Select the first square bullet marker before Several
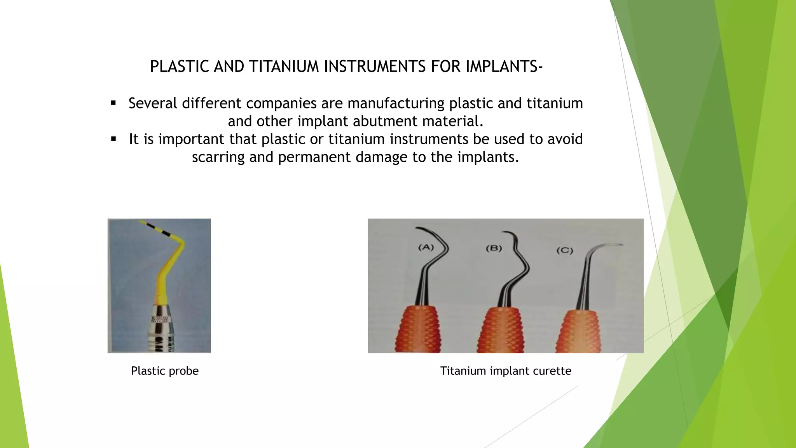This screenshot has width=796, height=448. (x=113, y=103)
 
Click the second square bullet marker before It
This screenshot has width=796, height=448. (x=113, y=139)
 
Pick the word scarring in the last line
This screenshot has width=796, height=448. (x=218, y=157)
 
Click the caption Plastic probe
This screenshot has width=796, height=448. (x=164, y=371)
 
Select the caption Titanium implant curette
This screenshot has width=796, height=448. (x=505, y=371)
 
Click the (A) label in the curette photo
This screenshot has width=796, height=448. (x=426, y=247)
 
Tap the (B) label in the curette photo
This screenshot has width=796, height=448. (x=494, y=248)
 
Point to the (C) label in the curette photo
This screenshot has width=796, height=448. (x=564, y=250)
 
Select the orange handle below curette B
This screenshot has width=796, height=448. (x=502, y=331)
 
